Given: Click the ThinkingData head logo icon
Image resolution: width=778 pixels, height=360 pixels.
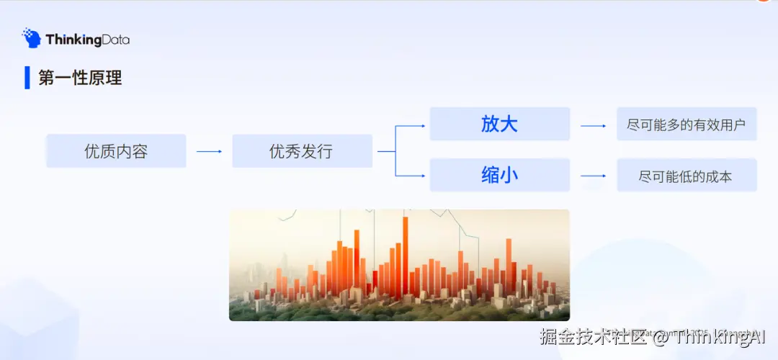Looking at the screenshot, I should [x=31, y=38].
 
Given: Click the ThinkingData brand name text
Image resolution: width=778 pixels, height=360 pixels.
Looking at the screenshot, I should [x=87, y=40].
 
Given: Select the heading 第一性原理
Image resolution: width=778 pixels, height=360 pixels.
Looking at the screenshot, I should [x=80, y=78].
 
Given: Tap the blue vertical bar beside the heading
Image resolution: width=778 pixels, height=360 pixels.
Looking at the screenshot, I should [x=27, y=77].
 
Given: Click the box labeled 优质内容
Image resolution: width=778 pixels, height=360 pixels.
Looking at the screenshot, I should [x=116, y=151].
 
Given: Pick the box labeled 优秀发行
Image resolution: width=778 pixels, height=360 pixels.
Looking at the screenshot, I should [x=302, y=151].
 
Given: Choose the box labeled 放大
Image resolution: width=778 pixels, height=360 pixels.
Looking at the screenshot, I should [x=499, y=124].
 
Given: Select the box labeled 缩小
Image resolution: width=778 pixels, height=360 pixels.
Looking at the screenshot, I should [x=499, y=175].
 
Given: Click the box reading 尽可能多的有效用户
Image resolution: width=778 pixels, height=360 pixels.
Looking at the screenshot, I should [x=686, y=125].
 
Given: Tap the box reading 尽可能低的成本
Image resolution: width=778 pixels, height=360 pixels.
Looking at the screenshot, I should [x=686, y=176].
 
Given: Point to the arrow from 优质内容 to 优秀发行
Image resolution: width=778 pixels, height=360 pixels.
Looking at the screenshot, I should [x=209, y=151].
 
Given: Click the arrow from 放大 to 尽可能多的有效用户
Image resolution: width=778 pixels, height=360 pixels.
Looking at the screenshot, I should [x=594, y=125].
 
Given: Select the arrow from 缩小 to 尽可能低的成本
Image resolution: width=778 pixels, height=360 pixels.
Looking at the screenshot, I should [x=594, y=176].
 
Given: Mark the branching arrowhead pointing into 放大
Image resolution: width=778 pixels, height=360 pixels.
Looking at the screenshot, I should [x=421, y=126].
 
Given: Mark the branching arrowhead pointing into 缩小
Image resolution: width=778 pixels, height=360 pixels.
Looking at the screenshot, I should [x=421, y=175].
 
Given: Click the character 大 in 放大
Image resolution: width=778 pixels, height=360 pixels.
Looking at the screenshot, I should [x=509, y=124].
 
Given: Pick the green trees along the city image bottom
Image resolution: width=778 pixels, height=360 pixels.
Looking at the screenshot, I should [x=396, y=311].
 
